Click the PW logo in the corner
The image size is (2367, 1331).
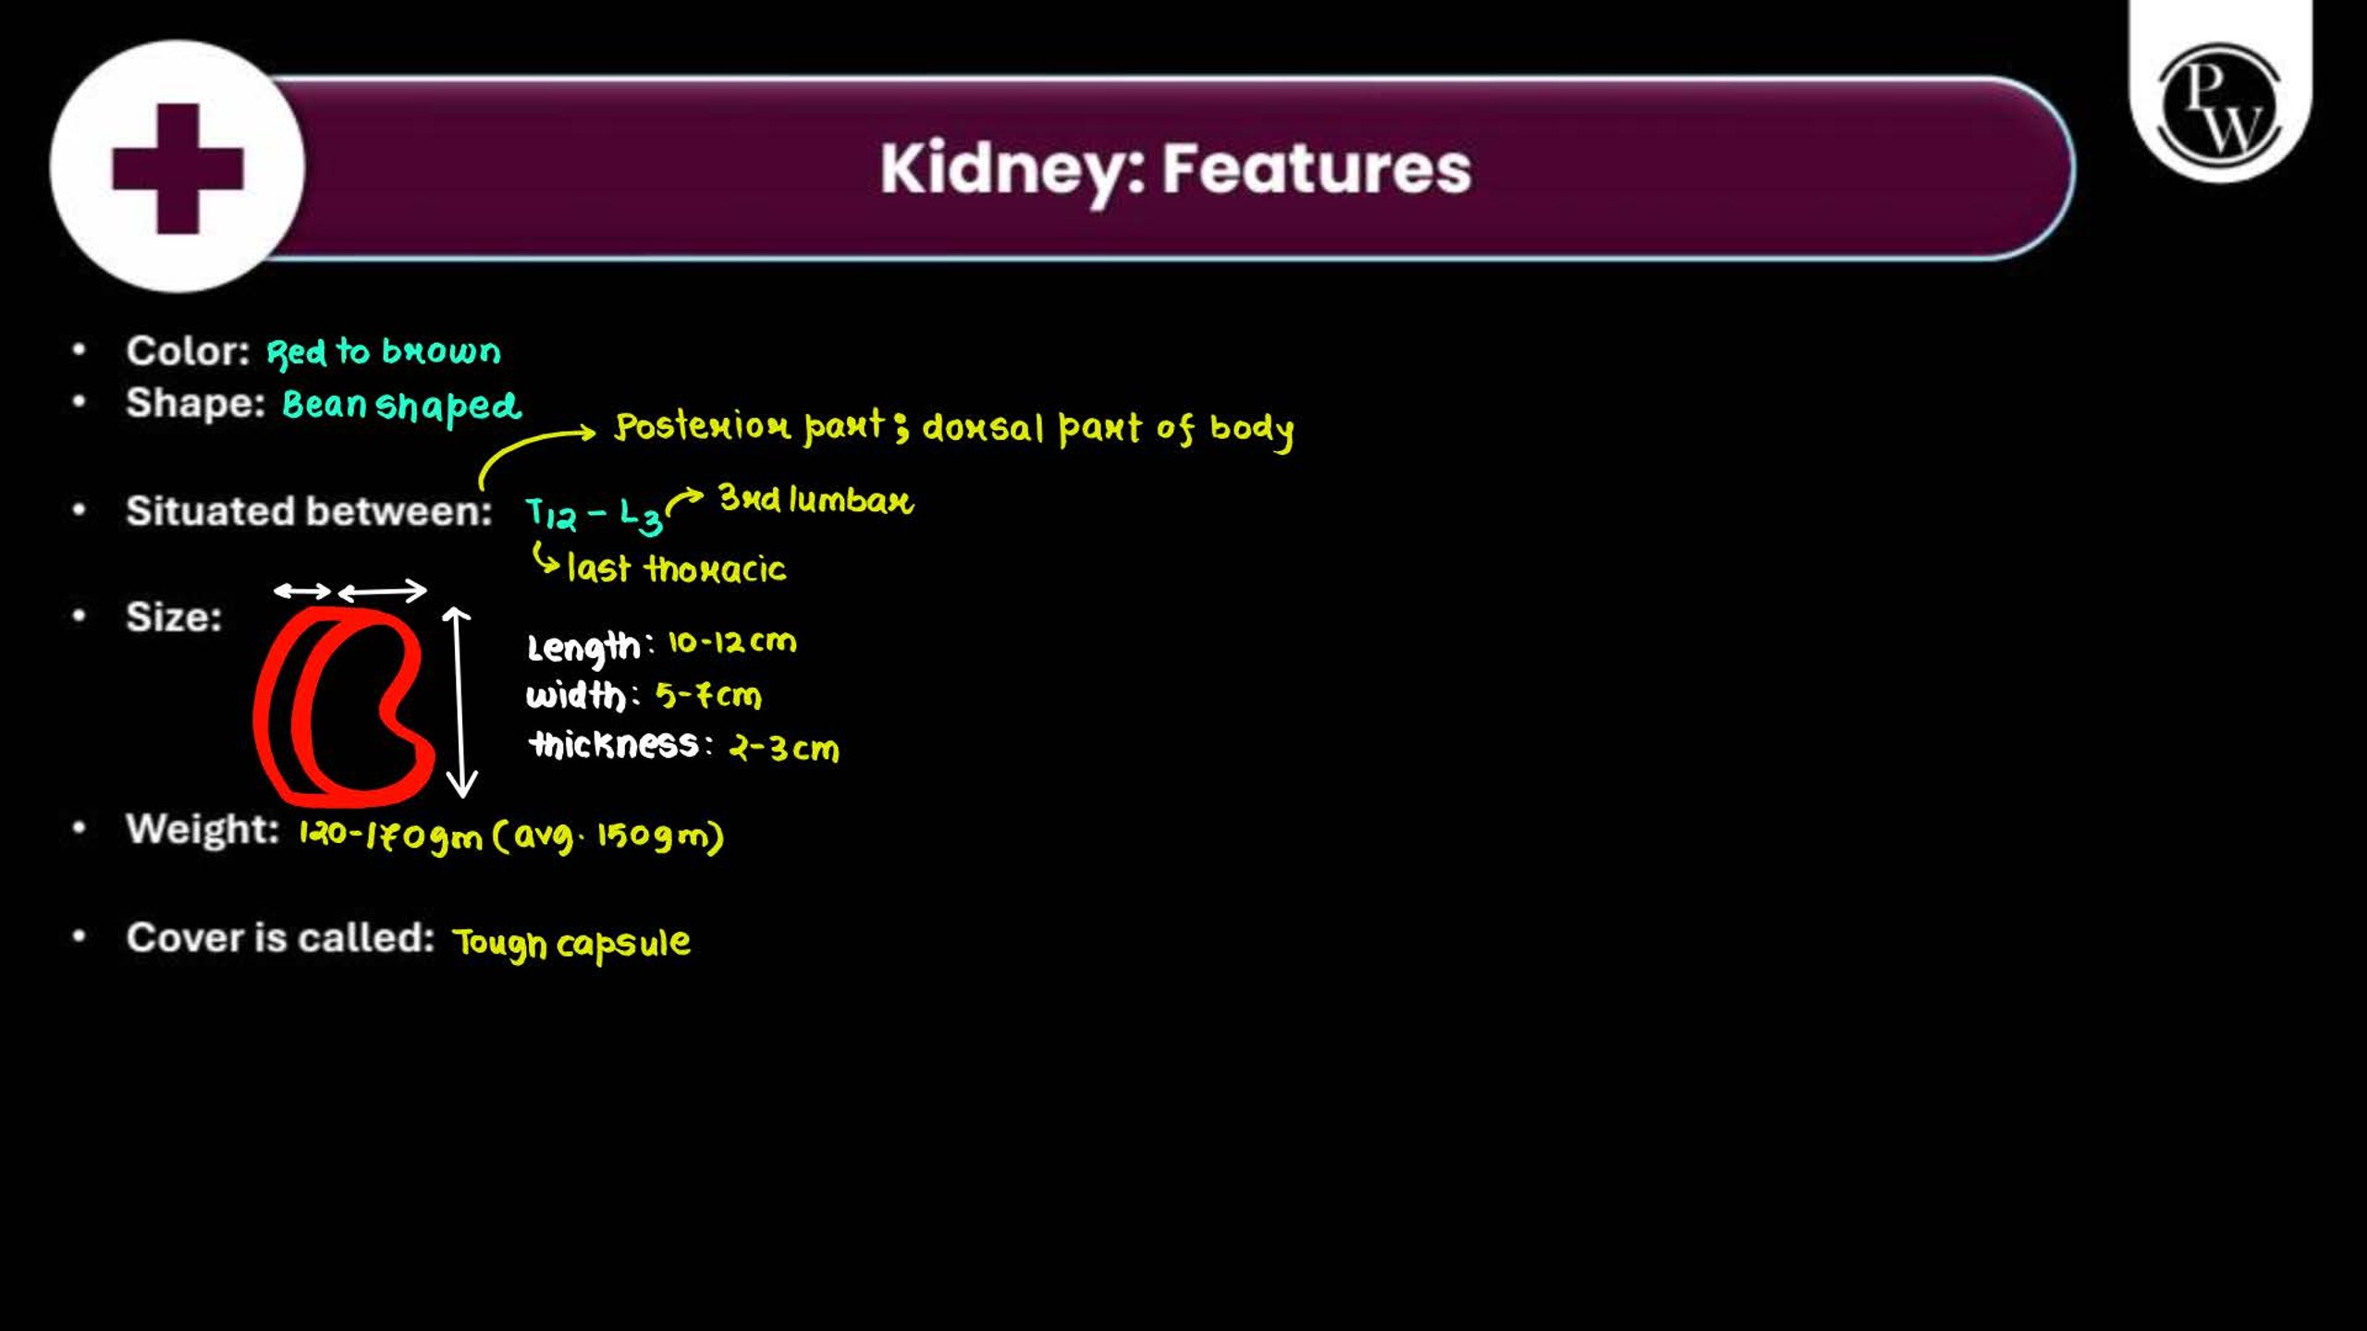(2220, 104)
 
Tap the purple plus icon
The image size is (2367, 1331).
(178, 168)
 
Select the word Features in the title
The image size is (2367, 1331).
(1317, 168)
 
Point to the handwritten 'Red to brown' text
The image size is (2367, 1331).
(384, 351)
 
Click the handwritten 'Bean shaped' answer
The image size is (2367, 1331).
(401, 405)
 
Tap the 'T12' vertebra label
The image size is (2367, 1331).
(550, 514)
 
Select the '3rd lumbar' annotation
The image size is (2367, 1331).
(816, 499)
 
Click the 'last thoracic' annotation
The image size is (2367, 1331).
(676, 568)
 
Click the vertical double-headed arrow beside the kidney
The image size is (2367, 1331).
(460, 702)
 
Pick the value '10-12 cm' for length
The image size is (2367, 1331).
(731, 641)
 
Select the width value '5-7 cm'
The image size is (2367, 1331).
(708, 694)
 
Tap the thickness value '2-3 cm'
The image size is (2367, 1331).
(784, 747)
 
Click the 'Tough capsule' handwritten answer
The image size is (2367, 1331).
(571, 943)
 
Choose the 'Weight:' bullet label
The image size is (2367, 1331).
(202, 829)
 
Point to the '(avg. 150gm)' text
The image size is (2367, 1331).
(608, 836)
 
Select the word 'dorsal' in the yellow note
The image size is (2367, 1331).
(983, 427)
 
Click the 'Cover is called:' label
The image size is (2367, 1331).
(280, 937)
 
